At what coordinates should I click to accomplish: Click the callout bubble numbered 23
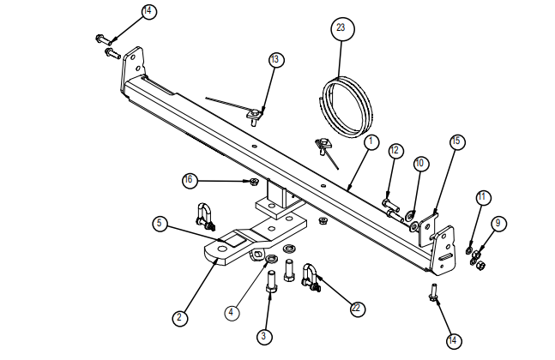[341, 28]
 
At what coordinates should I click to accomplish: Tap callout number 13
[274, 60]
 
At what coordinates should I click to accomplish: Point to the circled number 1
[371, 141]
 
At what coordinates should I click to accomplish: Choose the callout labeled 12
[395, 151]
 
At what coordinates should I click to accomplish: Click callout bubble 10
[419, 162]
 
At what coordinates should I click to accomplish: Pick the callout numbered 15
[455, 141]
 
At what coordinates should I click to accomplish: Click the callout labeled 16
[190, 180]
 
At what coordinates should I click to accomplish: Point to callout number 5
[160, 224]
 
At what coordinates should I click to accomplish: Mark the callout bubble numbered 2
[178, 317]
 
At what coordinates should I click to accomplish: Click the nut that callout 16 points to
[254, 182]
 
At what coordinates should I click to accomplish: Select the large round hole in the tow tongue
[223, 250]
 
